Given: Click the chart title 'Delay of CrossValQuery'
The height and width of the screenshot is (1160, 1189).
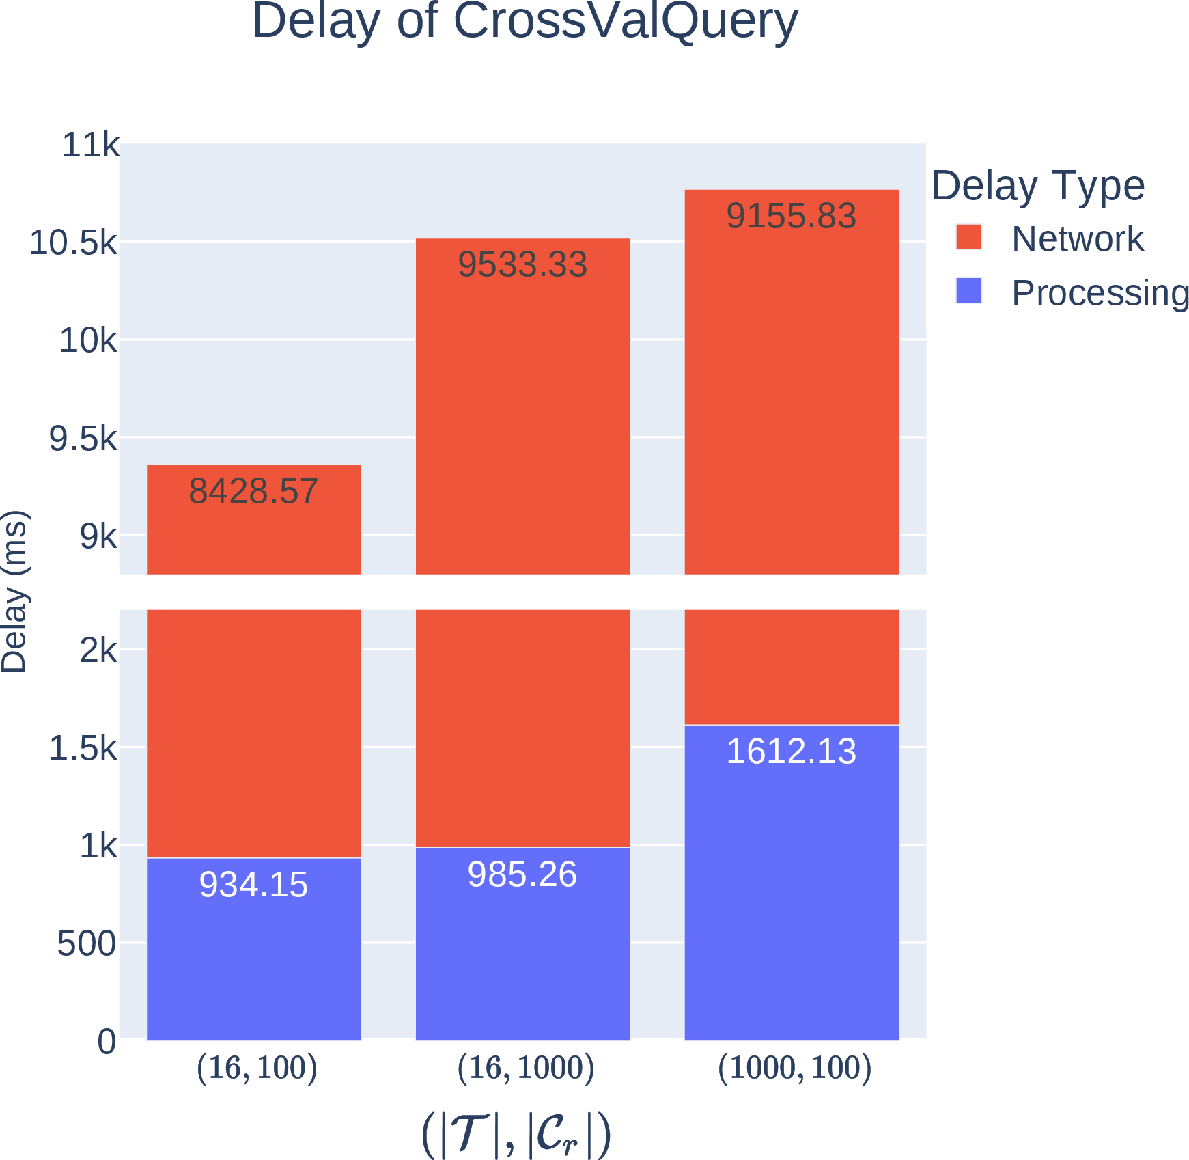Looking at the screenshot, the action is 524,21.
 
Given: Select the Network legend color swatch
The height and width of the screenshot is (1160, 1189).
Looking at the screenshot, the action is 968,237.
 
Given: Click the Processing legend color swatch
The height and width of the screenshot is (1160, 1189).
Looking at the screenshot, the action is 968,290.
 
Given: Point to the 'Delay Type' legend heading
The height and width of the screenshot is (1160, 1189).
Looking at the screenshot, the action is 1038,185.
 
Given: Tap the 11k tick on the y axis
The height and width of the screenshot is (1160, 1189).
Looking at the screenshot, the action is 90,145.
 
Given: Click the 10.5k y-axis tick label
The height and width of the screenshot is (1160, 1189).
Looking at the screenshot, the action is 73,243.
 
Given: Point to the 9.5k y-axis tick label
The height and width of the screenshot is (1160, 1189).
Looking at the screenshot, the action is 83,439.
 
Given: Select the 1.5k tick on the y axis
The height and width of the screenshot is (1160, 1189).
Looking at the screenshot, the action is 83,749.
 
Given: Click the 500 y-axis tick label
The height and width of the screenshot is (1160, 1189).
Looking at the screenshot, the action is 87,944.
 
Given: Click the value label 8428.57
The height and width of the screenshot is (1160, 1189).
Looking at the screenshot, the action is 253,491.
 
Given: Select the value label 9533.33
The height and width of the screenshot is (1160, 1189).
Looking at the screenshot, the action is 522,264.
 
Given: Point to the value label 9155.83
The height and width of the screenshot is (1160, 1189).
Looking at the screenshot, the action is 791,216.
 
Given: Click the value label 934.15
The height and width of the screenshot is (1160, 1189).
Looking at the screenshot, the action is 253,885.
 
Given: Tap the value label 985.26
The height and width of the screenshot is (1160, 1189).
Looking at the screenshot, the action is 522,874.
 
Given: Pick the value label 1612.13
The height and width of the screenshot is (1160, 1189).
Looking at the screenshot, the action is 791,751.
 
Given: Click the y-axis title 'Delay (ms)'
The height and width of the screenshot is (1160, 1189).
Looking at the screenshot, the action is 14,592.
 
